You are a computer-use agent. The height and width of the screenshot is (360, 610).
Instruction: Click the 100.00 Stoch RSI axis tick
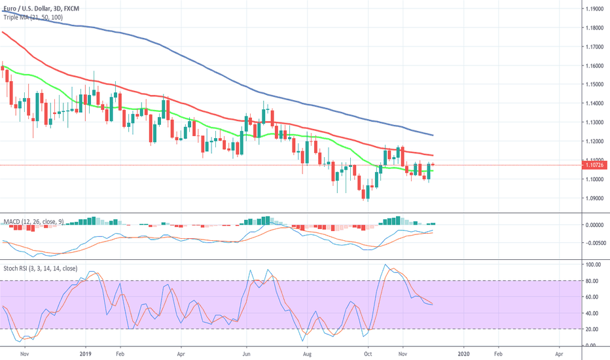coord(593,264)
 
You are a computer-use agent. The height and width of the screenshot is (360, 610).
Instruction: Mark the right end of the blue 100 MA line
coord(433,135)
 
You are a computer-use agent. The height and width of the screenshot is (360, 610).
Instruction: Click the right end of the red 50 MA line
coord(433,156)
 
